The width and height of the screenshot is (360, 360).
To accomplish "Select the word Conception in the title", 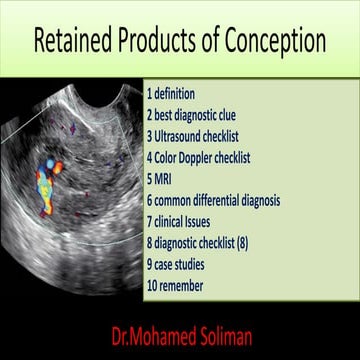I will click(x=271, y=42).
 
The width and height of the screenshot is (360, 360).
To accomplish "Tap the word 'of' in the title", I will click(x=212, y=42).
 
